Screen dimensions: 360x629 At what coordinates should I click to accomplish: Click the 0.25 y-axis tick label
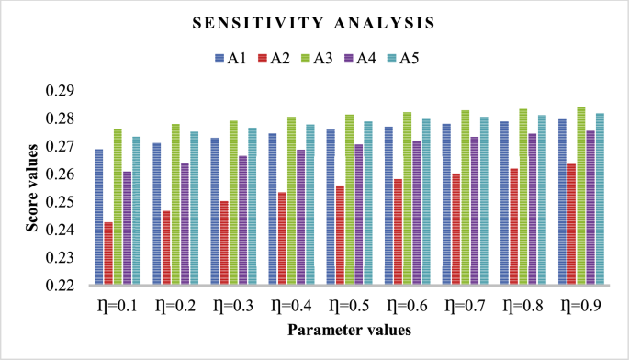(62, 202)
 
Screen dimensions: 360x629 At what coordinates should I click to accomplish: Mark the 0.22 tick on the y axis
(62, 286)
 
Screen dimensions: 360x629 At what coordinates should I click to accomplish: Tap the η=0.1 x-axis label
(118, 305)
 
